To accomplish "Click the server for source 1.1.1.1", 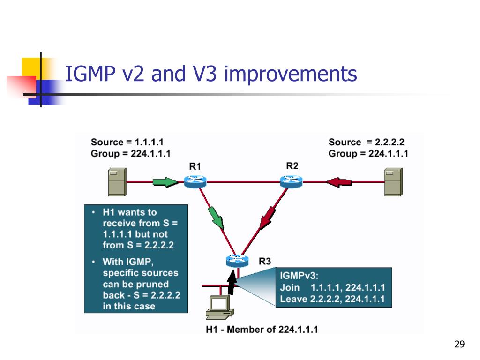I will pyautogui.click(x=116, y=182).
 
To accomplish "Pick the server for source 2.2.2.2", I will pyautogui.click(x=393, y=182).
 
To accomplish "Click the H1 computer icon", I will pyautogui.click(x=218, y=307).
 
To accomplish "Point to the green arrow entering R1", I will pyautogui.click(x=165, y=181).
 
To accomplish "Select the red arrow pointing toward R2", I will pyautogui.click(x=339, y=181).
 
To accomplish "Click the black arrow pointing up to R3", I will pyautogui.click(x=231, y=283).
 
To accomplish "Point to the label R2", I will pyautogui.click(x=292, y=165).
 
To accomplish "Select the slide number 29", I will pyautogui.click(x=459, y=345).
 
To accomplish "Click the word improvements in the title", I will pyautogui.click(x=290, y=75).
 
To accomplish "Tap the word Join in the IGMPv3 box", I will pyautogui.click(x=289, y=287).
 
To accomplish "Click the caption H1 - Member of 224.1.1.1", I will pyautogui.click(x=262, y=329).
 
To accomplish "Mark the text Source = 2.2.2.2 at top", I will pyautogui.click(x=367, y=142).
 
